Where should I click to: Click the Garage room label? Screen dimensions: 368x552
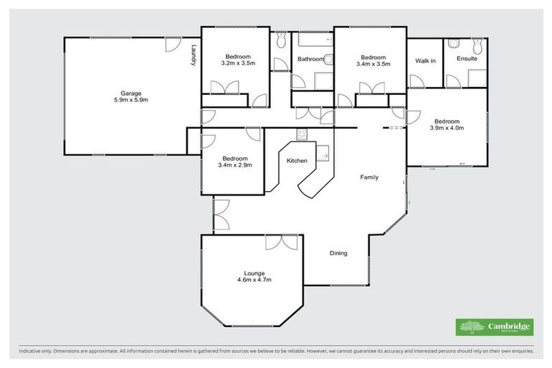pyautogui.click(x=130, y=93)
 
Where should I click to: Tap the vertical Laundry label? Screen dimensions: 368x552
pyautogui.click(x=193, y=57)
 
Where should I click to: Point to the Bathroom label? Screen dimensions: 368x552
pyautogui.click(x=310, y=59)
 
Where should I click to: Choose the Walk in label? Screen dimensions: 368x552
pyautogui.click(x=425, y=61)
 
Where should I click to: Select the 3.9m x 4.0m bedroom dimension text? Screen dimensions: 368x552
pyautogui.click(x=446, y=128)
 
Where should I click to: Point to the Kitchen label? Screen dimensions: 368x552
pyautogui.click(x=298, y=161)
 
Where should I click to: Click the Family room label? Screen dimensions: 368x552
pyautogui.click(x=369, y=177)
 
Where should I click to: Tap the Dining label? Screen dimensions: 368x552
pyautogui.click(x=339, y=253)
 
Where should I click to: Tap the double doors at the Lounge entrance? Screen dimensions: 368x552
pyautogui.click(x=281, y=242)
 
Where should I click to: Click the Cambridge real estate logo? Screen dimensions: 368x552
pyautogui.click(x=495, y=327)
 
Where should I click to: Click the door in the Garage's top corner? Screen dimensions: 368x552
pyautogui.click(x=172, y=45)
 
